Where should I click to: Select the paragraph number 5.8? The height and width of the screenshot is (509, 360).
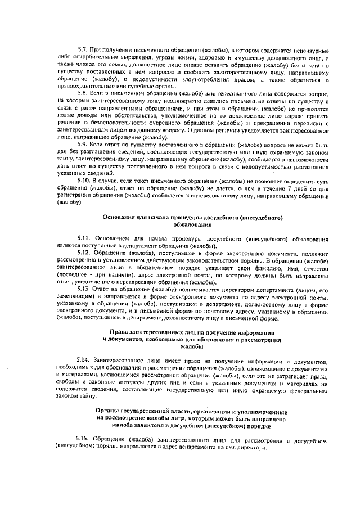tap(83, 92)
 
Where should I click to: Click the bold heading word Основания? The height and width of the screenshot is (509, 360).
tap(120, 217)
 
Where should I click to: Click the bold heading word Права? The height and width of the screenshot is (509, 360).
tap(120, 332)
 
